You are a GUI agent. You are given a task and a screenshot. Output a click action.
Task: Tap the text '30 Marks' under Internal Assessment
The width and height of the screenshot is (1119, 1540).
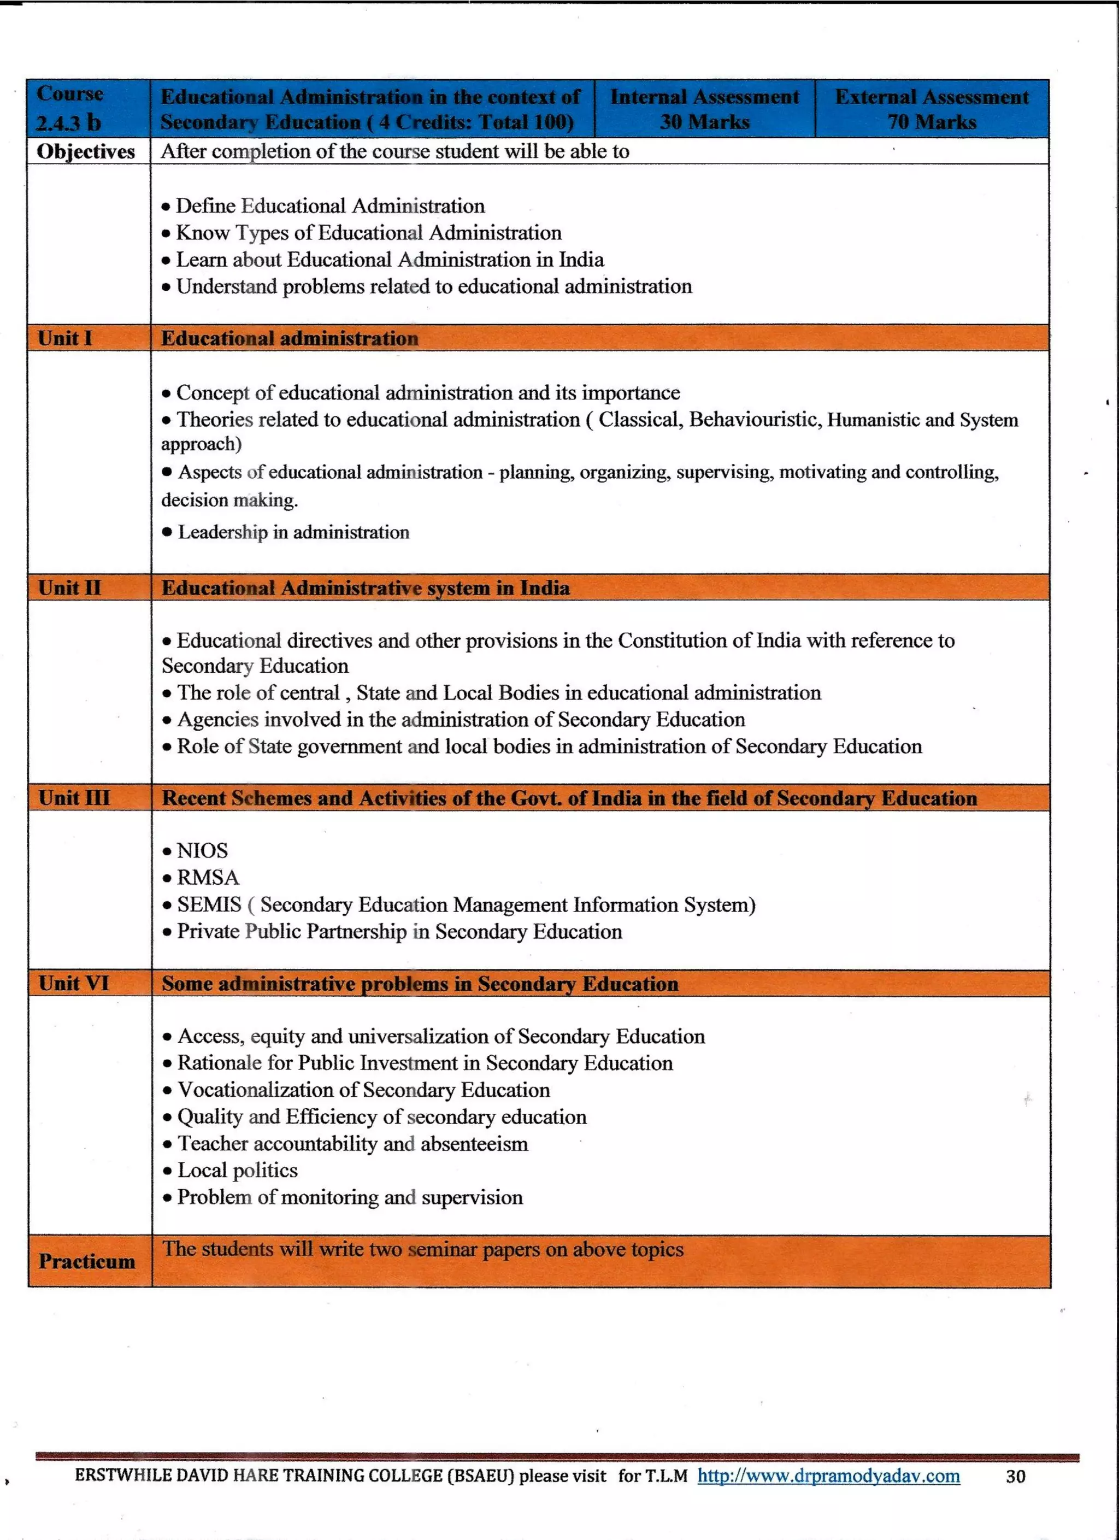tap(704, 122)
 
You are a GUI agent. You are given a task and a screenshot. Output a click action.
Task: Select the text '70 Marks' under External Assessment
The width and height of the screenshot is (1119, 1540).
tap(931, 122)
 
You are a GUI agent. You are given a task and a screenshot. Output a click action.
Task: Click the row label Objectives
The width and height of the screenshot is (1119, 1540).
tap(86, 151)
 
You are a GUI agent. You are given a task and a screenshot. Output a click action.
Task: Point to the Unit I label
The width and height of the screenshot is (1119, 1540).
tap(64, 338)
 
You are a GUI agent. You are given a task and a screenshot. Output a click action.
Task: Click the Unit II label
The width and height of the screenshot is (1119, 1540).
tap(69, 587)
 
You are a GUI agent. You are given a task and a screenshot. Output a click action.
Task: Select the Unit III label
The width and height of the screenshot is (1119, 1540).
tap(73, 798)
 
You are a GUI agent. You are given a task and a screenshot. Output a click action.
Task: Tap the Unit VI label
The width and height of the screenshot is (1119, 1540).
tap(73, 983)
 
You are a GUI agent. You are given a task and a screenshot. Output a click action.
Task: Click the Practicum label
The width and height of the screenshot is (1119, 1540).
tap(86, 1261)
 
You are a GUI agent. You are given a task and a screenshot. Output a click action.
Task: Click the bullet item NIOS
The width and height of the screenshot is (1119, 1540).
tap(202, 851)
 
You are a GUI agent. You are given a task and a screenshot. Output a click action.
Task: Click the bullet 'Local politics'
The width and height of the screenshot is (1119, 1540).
tap(237, 1170)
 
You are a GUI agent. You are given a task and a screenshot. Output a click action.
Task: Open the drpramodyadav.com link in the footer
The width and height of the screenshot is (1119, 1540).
tap(828, 1476)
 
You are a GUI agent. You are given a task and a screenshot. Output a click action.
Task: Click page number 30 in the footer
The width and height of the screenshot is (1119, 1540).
tap(1015, 1476)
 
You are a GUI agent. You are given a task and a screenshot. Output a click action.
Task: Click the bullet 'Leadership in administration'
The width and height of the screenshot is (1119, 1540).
tap(293, 532)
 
